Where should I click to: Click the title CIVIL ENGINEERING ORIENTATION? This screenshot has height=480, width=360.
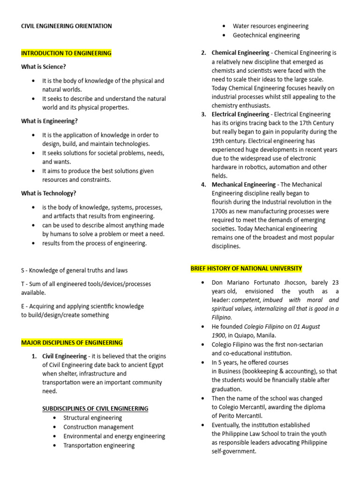[x=67, y=26]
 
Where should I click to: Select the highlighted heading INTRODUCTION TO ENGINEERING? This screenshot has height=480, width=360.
[x=66, y=53]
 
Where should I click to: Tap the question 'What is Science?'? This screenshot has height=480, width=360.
[x=44, y=67]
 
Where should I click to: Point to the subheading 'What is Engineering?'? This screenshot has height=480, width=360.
[x=49, y=121]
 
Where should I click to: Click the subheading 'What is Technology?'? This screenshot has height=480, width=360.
[x=49, y=193]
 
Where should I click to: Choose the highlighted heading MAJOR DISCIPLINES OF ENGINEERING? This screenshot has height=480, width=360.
[x=72, y=343]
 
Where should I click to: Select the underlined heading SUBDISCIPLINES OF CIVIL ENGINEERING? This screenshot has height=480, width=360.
[x=95, y=408]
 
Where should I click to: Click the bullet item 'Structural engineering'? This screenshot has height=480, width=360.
[x=92, y=418]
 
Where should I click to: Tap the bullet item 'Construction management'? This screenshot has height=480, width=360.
[x=98, y=427]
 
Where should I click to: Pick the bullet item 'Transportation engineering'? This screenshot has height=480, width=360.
[x=99, y=445]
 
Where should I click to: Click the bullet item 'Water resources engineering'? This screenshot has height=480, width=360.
[x=270, y=26]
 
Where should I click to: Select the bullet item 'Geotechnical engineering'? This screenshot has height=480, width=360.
[x=266, y=35]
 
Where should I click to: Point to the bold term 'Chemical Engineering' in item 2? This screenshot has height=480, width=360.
[x=240, y=53]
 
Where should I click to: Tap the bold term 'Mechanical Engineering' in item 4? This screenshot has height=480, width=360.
[x=244, y=185]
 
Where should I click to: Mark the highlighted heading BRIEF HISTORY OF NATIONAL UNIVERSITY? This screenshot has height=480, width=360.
[x=246, y=269]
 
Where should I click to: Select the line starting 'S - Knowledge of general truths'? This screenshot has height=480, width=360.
[x=74, y=270]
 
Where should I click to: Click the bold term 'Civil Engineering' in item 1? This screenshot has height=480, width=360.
[x=64, y=356]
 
